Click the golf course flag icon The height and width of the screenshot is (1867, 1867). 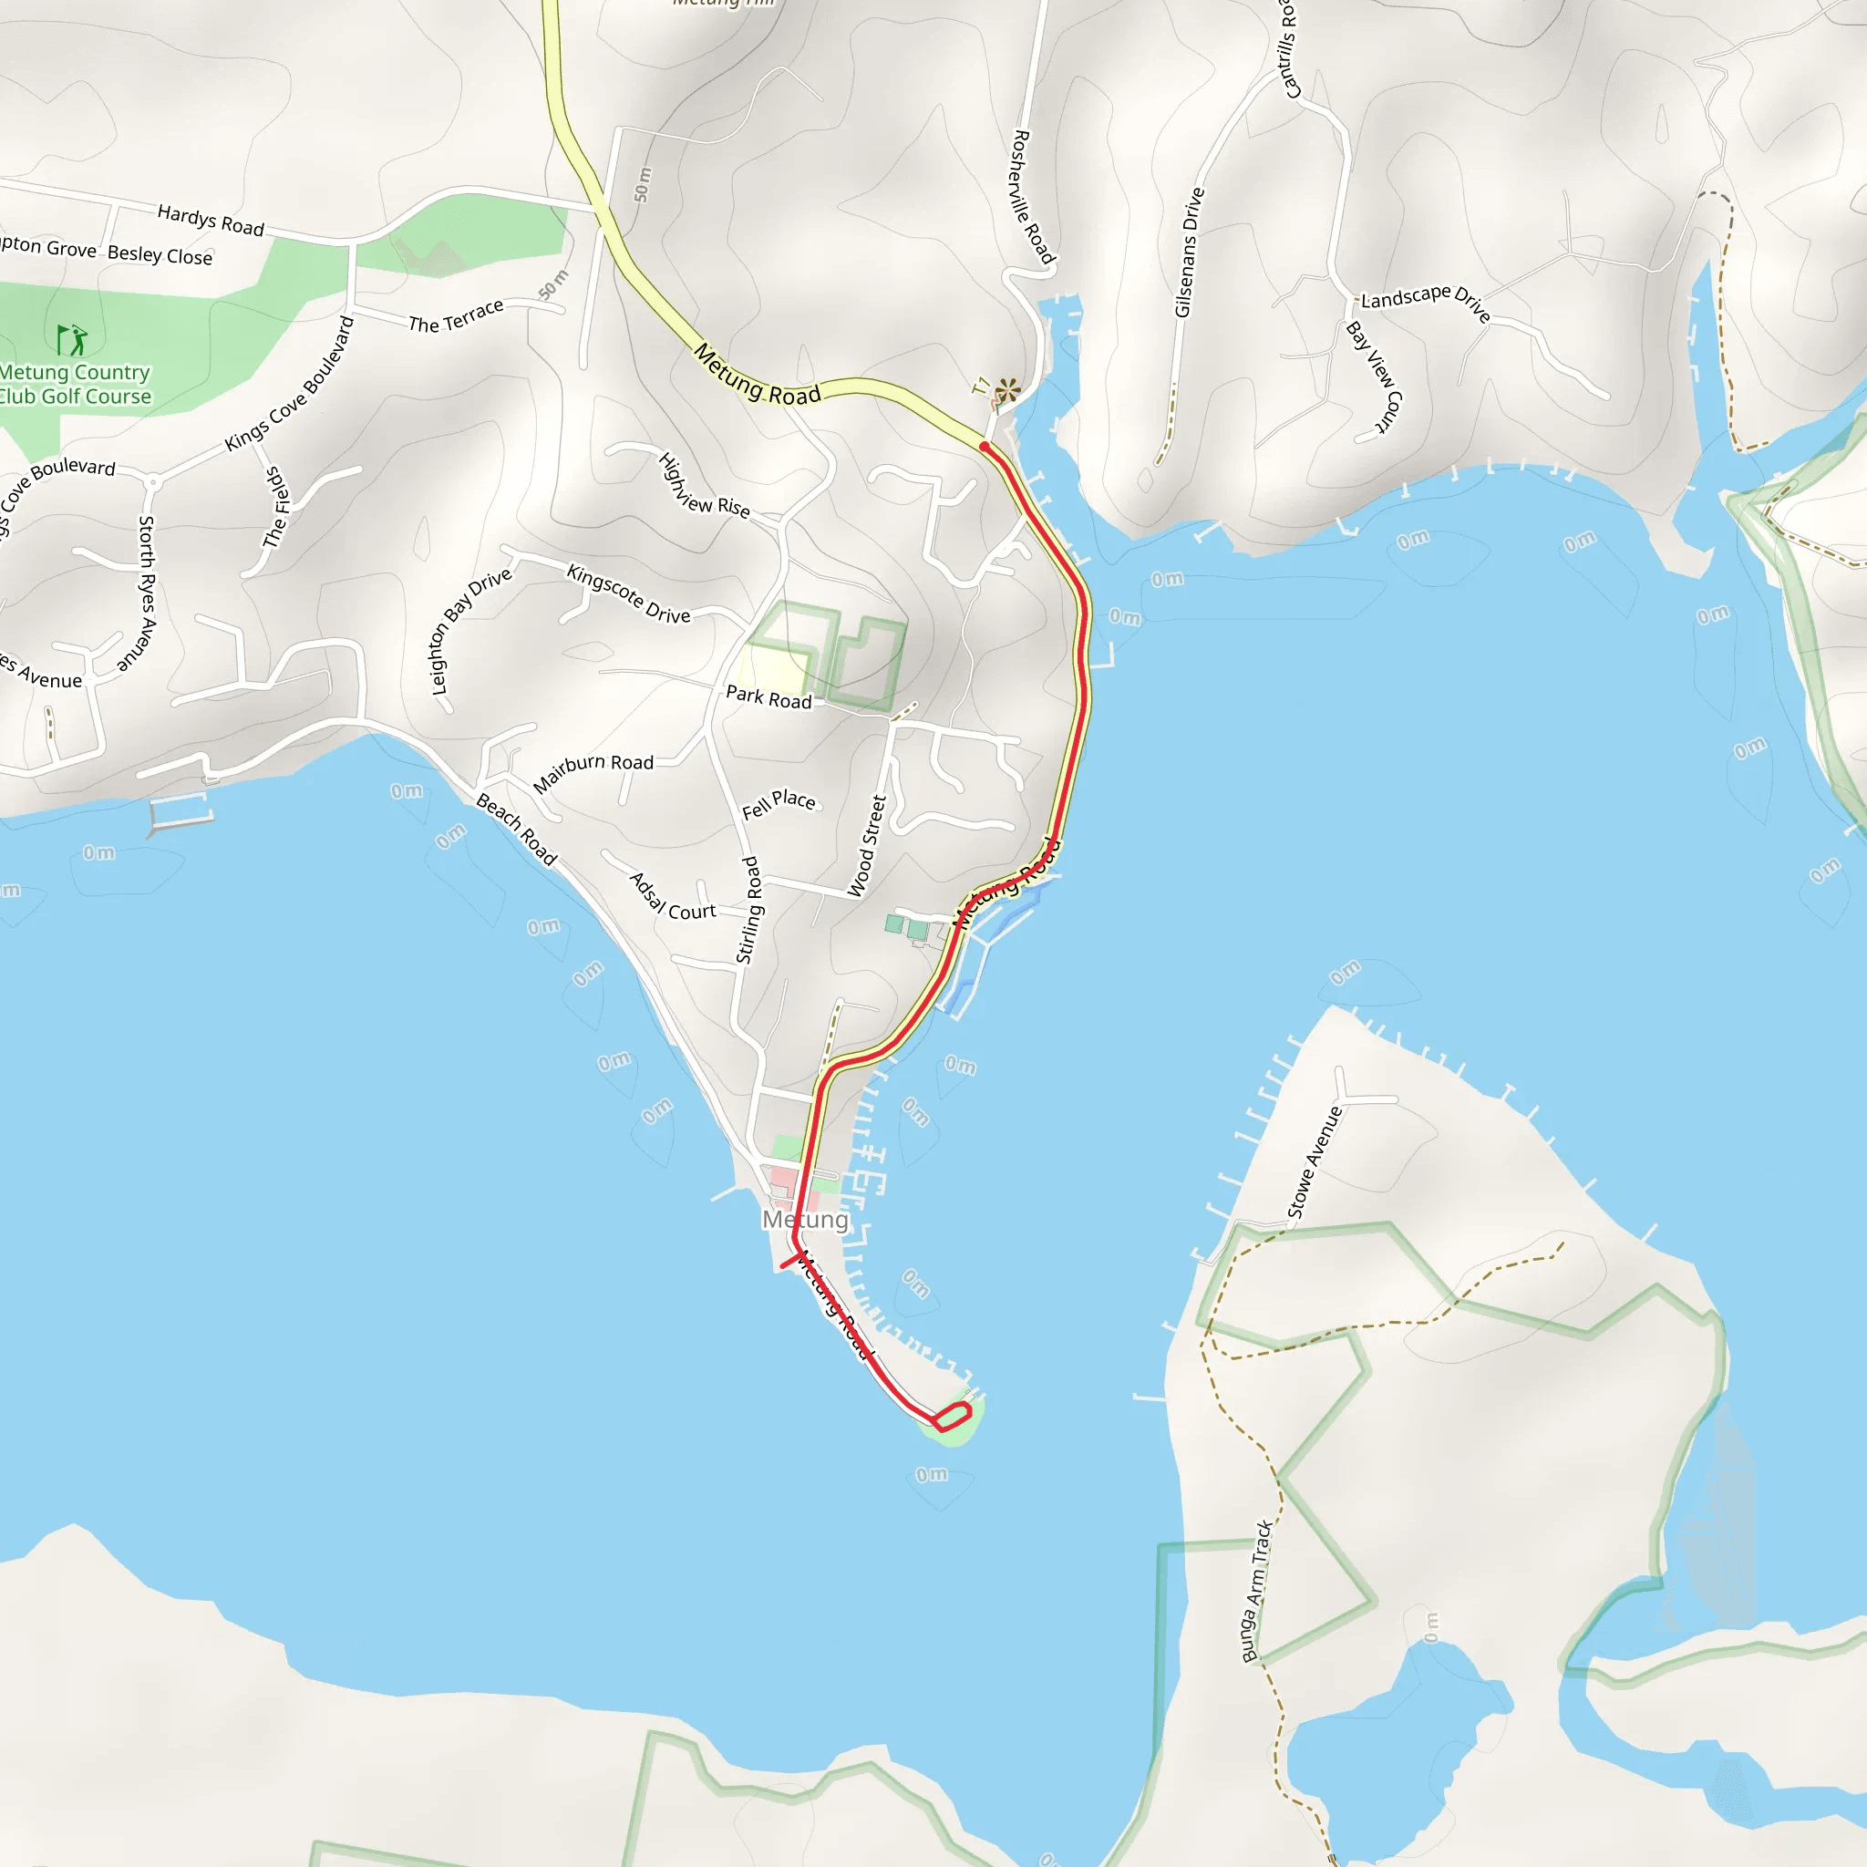71,340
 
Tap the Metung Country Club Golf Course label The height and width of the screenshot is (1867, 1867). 76,385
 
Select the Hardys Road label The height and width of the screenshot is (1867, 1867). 211,221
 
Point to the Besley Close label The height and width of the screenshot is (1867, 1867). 160,255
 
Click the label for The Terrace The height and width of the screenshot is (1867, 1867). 455,316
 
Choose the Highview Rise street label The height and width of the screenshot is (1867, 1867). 704,485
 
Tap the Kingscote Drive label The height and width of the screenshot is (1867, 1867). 628,593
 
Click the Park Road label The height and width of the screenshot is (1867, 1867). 768,697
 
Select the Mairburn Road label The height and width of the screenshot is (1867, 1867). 593,772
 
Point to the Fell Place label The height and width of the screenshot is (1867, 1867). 778,804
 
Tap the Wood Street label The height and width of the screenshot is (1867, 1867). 866,846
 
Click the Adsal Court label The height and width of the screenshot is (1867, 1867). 673,897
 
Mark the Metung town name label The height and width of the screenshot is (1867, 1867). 805,1221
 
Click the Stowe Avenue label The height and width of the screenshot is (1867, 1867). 1315,1162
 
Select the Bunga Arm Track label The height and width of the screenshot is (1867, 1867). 1256,1591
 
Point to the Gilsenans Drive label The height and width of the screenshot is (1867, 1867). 1189,253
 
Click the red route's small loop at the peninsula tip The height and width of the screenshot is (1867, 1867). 951,1417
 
